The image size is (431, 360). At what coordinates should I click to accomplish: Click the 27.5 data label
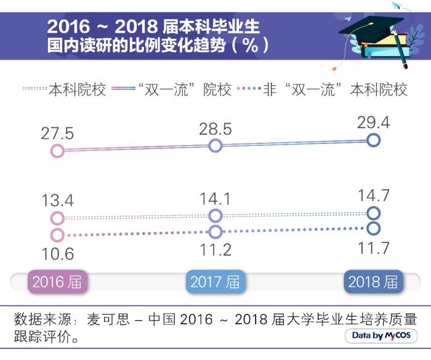click(57, 133)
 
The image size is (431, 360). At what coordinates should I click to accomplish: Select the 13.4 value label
click(57, 200)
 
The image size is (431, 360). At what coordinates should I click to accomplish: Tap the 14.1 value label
click(215, 198)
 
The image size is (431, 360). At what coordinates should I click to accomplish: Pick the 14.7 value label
click(373, 196)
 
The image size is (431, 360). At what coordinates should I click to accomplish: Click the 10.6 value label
click(57, 253)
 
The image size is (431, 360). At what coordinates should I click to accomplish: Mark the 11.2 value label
click(215, 249)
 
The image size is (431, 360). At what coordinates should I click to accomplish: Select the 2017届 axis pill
click(215, 282)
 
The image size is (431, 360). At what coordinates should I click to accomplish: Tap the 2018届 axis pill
click(373, 282)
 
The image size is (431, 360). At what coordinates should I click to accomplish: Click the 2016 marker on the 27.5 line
click(57, 151)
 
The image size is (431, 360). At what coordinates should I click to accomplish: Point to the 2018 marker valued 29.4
click(373, 140)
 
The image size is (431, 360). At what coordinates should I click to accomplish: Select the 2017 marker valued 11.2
click(215, 232)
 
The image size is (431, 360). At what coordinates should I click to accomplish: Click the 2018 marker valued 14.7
click(373, 213)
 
